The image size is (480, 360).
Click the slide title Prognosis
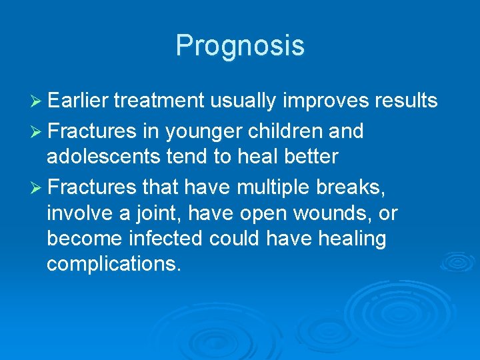coord(240,45)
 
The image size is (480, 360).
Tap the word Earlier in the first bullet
coord(79,101)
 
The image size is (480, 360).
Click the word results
coord(407,101)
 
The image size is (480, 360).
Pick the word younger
coord(204,132)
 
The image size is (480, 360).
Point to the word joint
coord(160,214)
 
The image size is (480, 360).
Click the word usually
coord(243,101)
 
